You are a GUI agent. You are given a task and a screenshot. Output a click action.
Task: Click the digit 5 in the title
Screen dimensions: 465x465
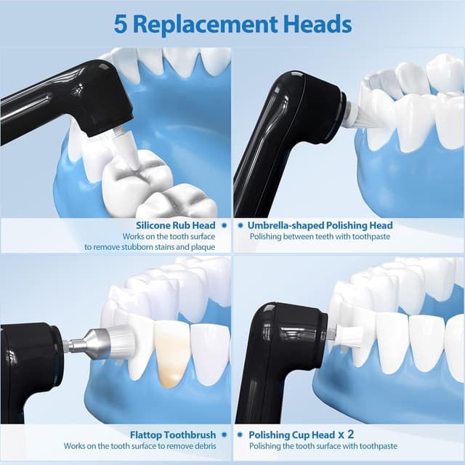pyautogui.click(x=121, y=25)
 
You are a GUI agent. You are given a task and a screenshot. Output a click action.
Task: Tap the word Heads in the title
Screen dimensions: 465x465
pyautogui.click(x=318, y=24)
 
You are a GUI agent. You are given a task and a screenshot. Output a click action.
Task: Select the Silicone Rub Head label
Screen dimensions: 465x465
pyautogui.click(x=176, y=225)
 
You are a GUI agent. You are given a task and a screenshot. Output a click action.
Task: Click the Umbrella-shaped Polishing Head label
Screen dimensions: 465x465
pyautogui.click(x=320, y=225)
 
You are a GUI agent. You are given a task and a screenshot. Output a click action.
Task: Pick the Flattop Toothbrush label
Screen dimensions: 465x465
pyautogui.click(x=173, y=434)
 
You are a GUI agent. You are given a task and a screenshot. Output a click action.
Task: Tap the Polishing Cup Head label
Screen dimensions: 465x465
pyautogui.click(x=292, y=435)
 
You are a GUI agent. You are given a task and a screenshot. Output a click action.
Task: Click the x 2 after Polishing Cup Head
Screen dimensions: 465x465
pyautogui.click(x=347, y=434)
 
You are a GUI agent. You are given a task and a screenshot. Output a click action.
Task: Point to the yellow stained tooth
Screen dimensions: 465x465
pyautogui.click(x=171, y=354)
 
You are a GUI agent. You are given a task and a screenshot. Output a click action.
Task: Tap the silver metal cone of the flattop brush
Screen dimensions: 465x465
pyautogui.click(x=94, y=344)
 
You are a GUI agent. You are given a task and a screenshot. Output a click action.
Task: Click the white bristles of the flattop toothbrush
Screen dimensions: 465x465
pyautogui.click(x=122, y=341)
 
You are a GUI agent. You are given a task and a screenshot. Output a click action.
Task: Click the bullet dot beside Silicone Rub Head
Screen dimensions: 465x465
pyautogui.click(x=225, y=225)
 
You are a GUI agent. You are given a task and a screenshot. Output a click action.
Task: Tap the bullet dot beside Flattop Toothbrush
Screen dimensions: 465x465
pyautogui.click(x=225, y=434)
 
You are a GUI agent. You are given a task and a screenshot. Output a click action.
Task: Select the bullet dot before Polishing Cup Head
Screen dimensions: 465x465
pyautogui.click(x=240, y=434)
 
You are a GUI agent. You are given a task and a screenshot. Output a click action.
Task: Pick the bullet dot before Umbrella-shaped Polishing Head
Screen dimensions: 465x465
pyautogui.click(x=240, y=225)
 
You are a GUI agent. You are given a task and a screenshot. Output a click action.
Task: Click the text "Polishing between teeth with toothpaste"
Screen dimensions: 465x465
pyautogui.click(x=320, y=237)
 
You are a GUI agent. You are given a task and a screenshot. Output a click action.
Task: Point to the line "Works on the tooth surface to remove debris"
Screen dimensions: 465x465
pyautogui.click(x=140, y=446)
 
